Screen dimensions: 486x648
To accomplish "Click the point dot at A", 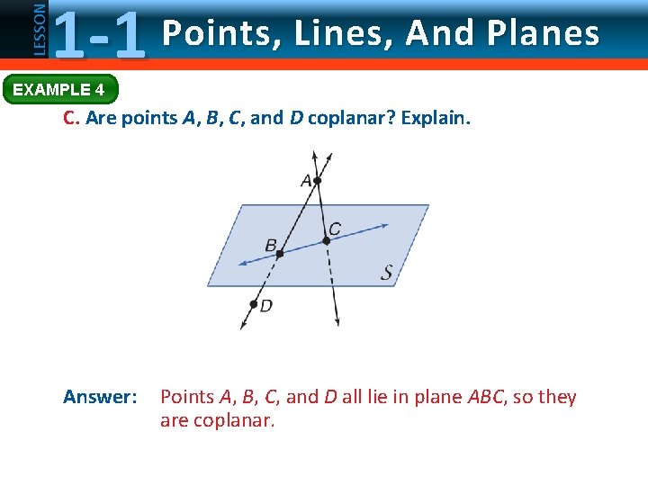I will [317, 181].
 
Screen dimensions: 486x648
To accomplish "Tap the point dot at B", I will [280, 254].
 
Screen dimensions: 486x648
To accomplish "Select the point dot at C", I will [327, 240].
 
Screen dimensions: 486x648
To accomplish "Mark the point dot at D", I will [254, 304].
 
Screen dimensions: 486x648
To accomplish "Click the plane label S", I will [387, 273].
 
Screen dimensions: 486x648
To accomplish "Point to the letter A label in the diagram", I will [306, 181].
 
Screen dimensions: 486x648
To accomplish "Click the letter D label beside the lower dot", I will [266, 306].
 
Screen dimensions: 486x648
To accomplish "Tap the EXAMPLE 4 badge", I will [58, 89].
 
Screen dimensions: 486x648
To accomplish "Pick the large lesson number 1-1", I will [99, 34].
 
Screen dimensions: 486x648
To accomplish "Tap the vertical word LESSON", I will [38, 28].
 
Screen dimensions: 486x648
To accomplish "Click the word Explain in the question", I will [436, 118].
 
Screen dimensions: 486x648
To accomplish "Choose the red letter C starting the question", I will [70, 118].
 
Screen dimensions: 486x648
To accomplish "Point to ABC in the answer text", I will [486, 397].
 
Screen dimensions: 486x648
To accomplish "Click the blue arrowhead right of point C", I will [384, 226].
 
